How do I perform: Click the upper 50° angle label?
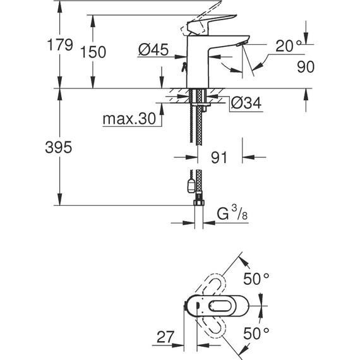click(x=257, y=277)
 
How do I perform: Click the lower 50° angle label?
click(x=257, y=331)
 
